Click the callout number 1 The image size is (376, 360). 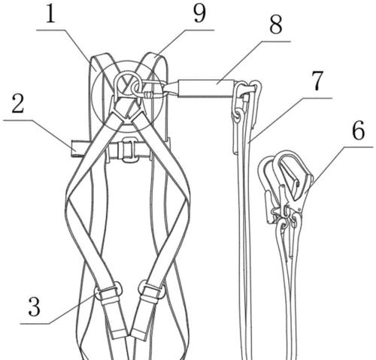point(50,14)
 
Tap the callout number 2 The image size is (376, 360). point(18,104)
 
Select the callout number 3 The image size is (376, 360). point(34,307)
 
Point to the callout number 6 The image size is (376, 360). point(359,132)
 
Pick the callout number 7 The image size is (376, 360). point(318,80)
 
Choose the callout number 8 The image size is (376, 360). point(276,24)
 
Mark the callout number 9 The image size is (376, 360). point(200,14)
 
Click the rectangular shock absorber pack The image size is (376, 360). point(208,88)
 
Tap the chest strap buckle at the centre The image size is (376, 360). point(128,150)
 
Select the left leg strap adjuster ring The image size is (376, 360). point(108,291)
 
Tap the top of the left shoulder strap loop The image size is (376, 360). point(102,56)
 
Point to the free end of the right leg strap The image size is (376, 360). point(140,333)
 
